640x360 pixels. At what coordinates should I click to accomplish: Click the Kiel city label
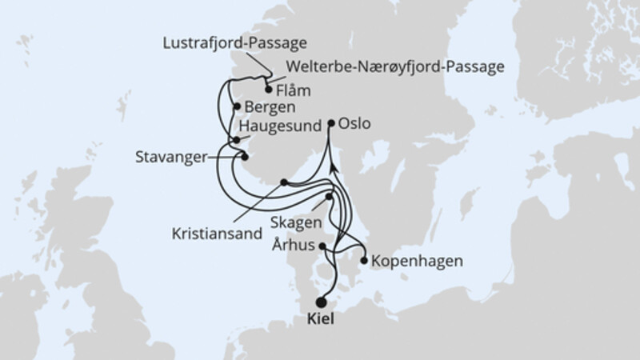[321, 318]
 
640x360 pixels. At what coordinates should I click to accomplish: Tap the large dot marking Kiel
[321, 302]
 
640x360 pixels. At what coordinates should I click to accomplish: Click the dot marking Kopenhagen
[364, 260]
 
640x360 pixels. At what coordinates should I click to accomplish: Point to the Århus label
[294, 246]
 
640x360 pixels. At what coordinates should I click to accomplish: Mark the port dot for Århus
[322, 246]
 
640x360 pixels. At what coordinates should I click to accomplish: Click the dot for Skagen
[329, 196]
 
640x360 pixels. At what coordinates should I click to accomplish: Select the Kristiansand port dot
[283, 182]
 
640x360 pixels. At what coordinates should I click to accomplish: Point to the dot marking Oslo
[331, 123]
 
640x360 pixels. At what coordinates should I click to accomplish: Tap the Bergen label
[270, 106]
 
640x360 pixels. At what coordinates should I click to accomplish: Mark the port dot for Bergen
[236, 106]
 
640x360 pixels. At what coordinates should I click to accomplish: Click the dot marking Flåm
[268, 90]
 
